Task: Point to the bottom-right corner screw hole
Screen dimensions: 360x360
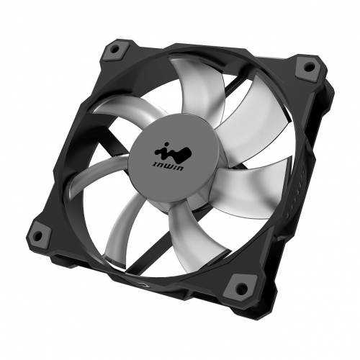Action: (x=241, y=287)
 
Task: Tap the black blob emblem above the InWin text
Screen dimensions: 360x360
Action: (x=174, y=153)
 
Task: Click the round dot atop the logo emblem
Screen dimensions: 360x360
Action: (x=166, y=145)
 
